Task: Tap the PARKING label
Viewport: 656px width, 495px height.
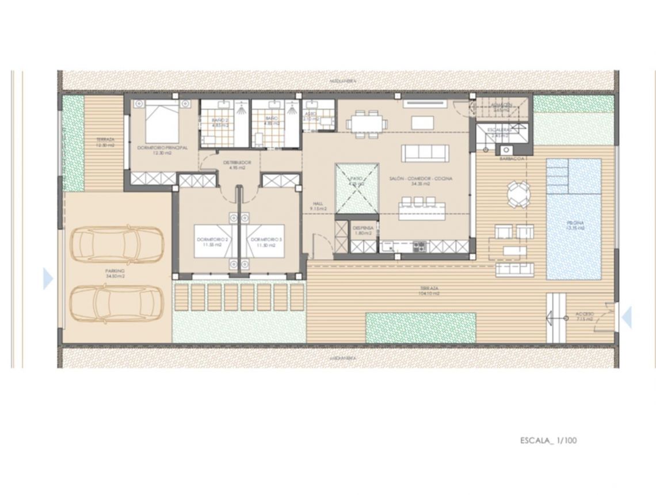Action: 115,271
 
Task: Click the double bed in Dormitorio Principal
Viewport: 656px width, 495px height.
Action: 162,122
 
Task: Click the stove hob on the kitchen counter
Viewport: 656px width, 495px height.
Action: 418,247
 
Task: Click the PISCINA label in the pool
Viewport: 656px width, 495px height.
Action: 574,225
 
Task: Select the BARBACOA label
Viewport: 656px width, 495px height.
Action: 512,158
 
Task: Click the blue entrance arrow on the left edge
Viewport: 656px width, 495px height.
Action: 48,279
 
